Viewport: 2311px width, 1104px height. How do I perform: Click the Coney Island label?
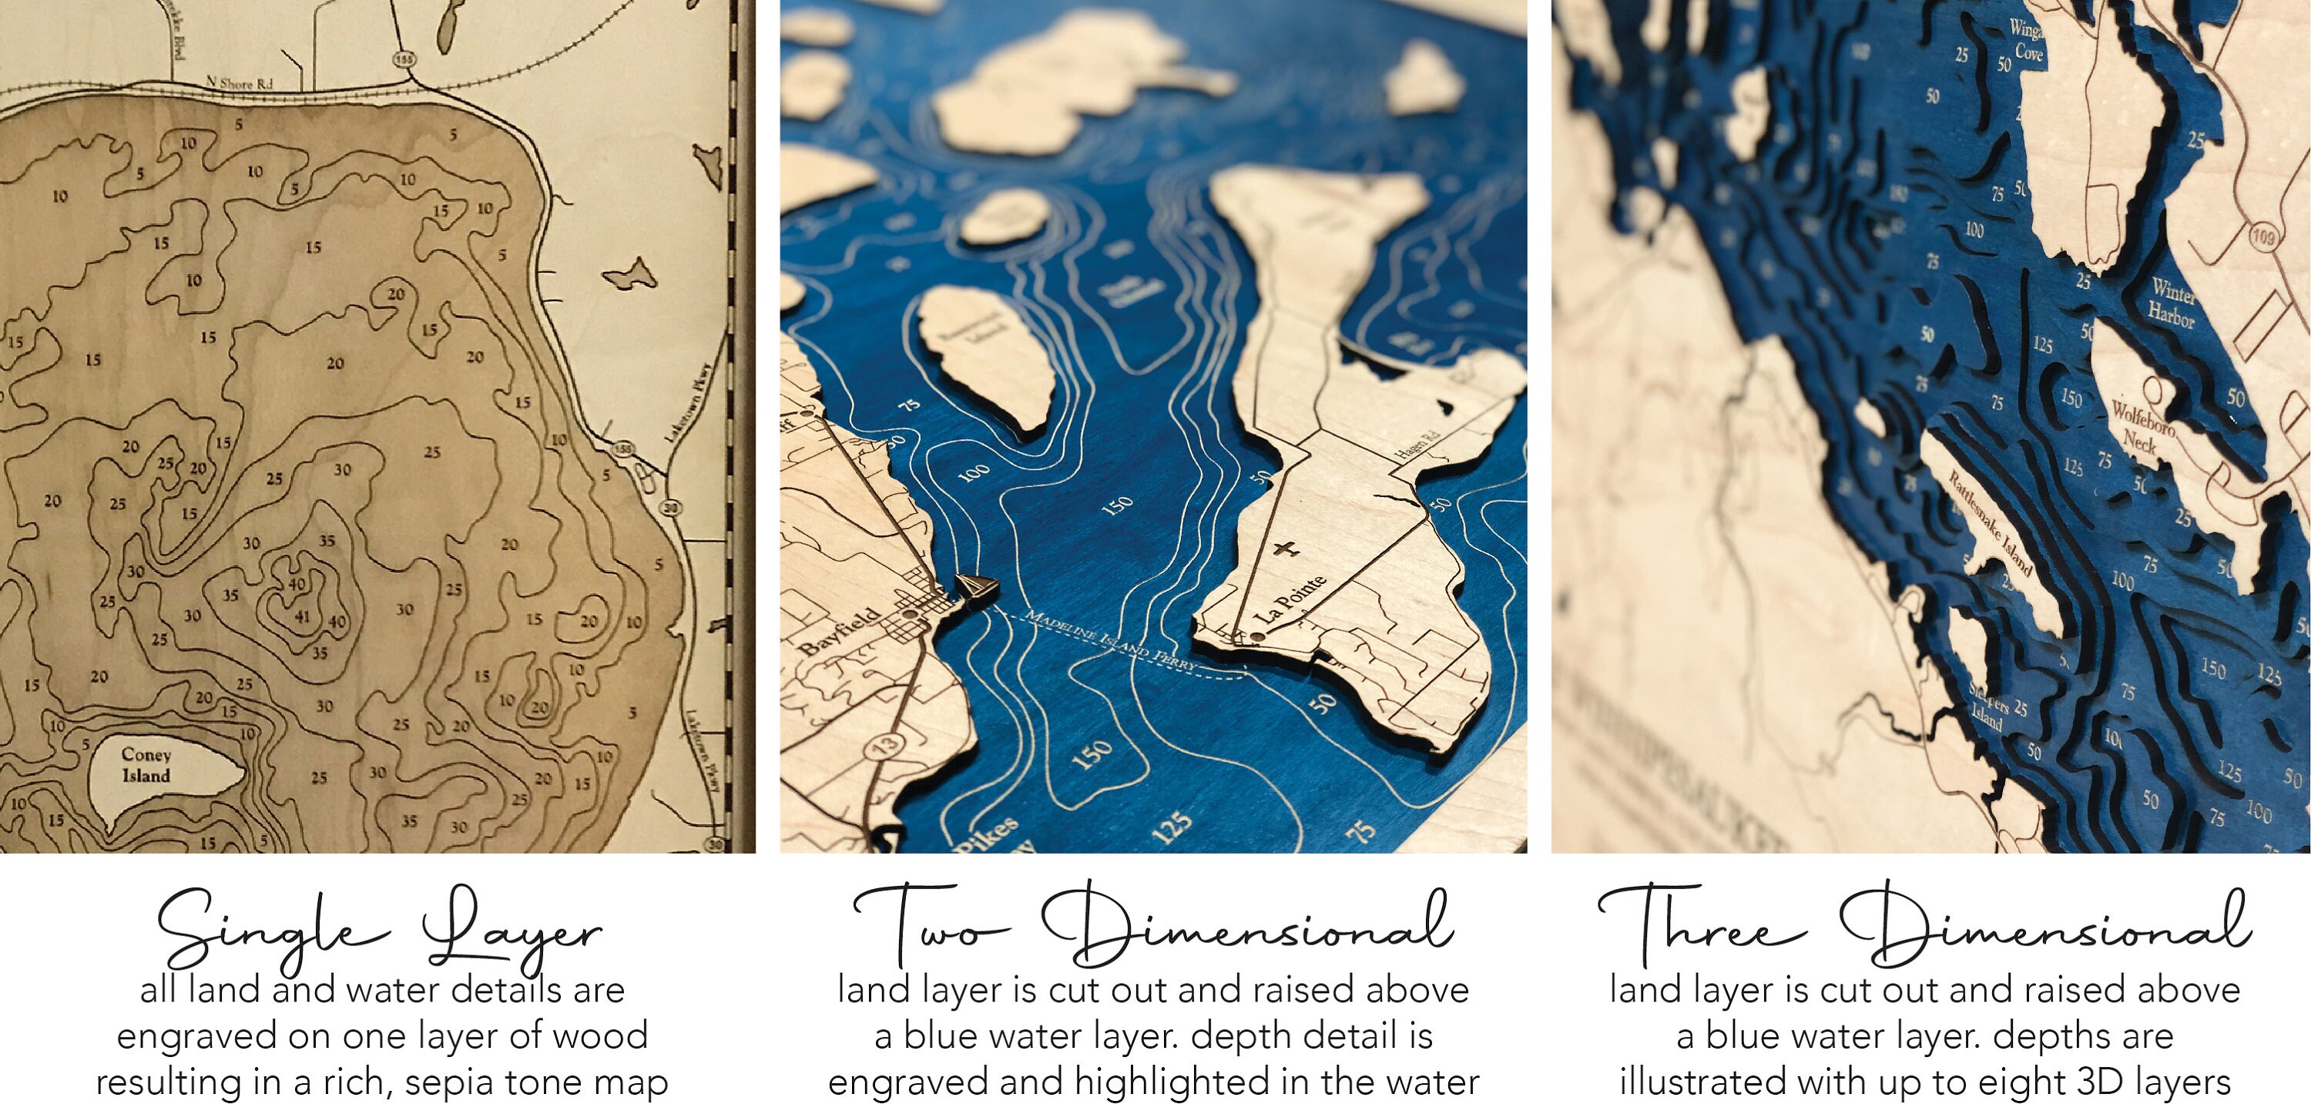coord(146,766)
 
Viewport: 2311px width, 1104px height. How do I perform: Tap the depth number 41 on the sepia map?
coord(301,616)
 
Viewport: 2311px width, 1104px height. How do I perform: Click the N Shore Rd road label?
coord(240,82)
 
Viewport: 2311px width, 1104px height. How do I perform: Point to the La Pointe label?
coord(1290,600)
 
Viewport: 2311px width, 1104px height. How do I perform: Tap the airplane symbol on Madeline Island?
coord(1286,548)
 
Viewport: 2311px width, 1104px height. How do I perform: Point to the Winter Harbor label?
coord(2171,304)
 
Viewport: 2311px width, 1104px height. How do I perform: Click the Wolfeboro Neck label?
coord(2142,424)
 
